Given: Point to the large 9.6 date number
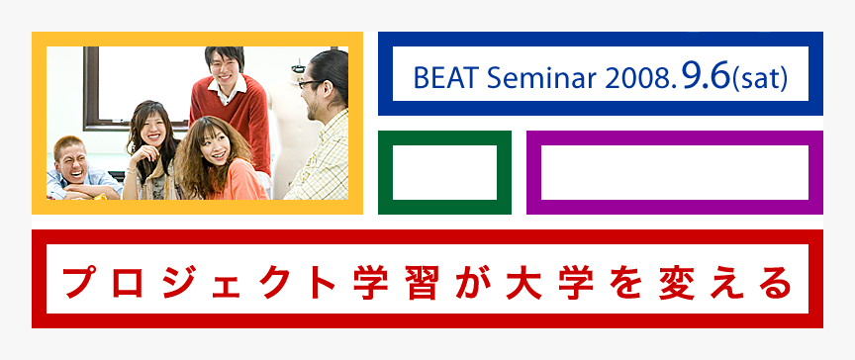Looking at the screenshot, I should tap(699, 76).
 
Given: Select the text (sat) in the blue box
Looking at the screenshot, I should tap(760, 80).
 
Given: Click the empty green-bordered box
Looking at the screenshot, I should tap(444, 172).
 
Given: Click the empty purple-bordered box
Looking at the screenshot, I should tap(674, 172).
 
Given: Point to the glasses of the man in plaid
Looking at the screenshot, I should tap(312, 84).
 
